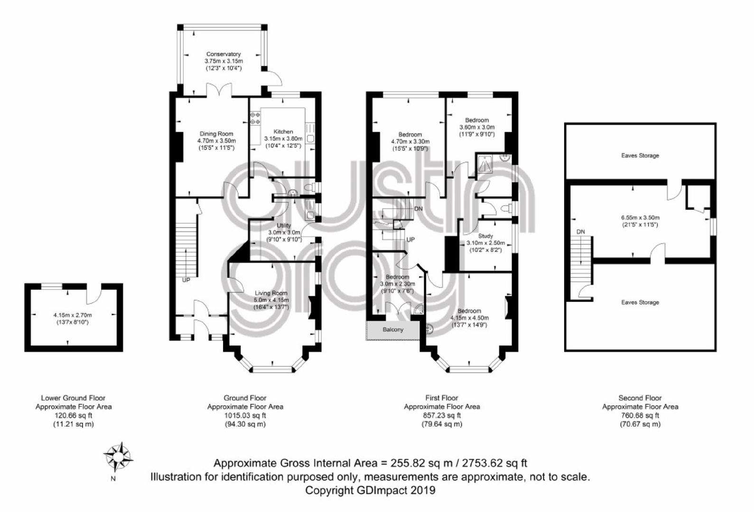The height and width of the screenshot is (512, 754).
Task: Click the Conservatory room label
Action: click(223, 54)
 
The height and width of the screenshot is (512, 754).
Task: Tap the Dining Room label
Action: click(216, 134)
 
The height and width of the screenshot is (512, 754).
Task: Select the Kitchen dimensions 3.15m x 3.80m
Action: click(283, 138)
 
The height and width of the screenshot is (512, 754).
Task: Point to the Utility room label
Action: click(284, 225)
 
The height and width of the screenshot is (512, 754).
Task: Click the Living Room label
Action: click(271, 293)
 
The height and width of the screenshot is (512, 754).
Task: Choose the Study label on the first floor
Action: click(485, 236)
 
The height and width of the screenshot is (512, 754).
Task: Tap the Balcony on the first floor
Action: click(393, 329)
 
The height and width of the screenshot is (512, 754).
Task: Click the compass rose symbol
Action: click(118, 457)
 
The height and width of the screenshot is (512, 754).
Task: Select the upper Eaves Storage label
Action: click(640, 155)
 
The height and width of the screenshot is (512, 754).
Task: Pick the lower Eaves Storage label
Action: click(640, 302)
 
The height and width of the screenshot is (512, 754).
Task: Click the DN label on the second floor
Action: click(581, 232)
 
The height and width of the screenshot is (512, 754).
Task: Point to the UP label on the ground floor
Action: click(186, 280)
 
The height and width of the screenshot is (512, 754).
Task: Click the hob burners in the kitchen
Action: click(255, 118)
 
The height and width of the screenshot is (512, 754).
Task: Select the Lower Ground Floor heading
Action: click(73, 398)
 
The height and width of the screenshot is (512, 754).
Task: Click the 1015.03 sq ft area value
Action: click(245, 415)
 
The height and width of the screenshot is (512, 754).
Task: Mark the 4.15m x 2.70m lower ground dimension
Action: click(73, 315)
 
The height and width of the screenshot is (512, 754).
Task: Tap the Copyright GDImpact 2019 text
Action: click(370, 490)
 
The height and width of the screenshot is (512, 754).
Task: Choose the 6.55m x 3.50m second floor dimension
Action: click(640, 217)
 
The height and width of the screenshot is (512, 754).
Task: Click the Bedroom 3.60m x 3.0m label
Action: click(477, 124)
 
